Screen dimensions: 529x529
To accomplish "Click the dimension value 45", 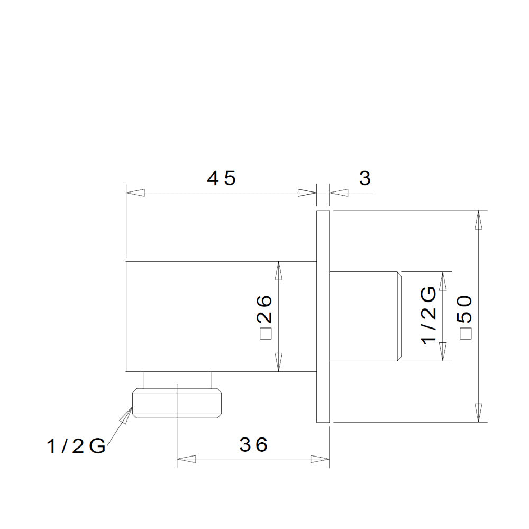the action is click(221, 178).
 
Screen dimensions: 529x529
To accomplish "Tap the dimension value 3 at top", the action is click(365, 178).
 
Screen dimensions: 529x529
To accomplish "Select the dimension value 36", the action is click(253, 445).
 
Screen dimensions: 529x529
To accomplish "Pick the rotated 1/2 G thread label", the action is click(429, 316).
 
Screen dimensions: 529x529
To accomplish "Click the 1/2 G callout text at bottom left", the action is click(76, 446).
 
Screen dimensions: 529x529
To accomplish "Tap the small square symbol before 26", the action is click(265, 333).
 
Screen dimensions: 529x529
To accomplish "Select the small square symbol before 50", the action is click(466, 333).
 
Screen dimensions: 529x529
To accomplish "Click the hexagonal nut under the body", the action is click(177, 403).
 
